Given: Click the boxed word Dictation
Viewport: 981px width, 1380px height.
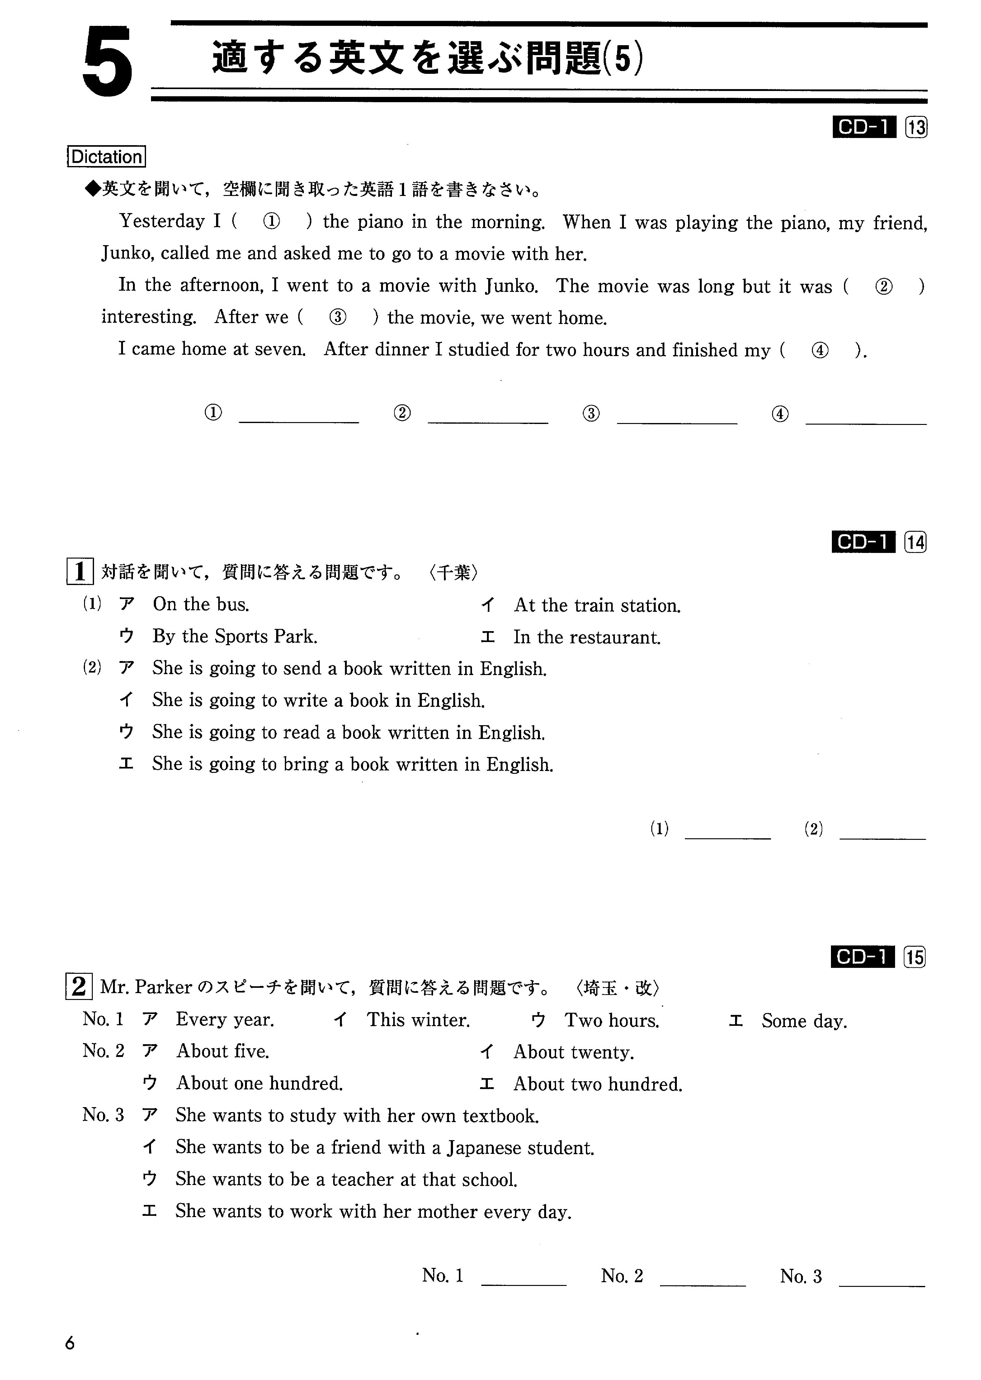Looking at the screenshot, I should click(x=106, y=157).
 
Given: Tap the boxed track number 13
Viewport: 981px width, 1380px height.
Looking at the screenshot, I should click(x=916, y=127).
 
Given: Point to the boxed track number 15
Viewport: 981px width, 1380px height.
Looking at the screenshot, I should click(x=915, y=957).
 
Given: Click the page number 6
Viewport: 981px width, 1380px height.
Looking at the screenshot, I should click(x=70, y=1343).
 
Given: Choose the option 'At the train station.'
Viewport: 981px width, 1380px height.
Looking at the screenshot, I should click(x=597, y=606).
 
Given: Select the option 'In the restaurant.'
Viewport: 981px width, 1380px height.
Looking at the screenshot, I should click(x=587, y=638).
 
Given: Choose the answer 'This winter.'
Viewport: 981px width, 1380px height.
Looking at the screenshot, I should click(x=418, y=1020).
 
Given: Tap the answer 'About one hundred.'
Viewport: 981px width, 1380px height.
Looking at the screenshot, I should click(x=259, y=1083).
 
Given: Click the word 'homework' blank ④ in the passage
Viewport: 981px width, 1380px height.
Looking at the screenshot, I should click(x=820, y=350).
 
